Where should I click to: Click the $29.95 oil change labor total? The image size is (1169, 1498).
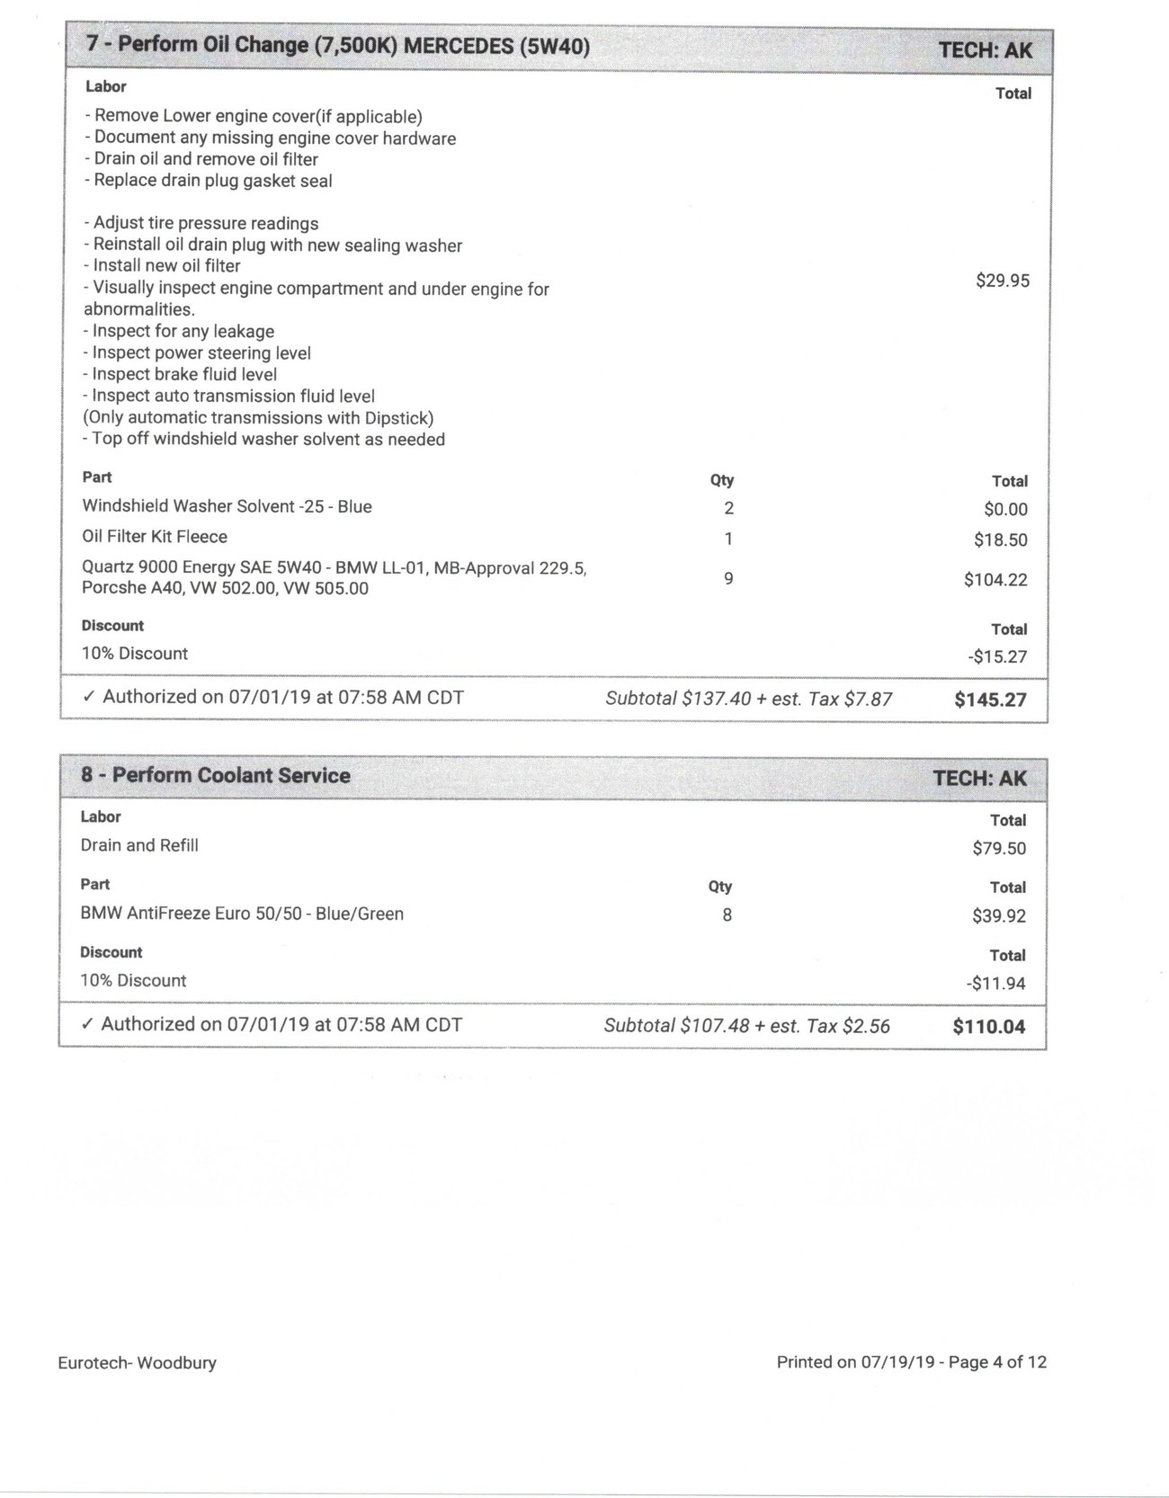(x=1002, y=281)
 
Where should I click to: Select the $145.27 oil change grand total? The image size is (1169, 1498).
(x=989, y=700)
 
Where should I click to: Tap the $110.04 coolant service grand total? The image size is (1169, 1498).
(x=988, y=1027)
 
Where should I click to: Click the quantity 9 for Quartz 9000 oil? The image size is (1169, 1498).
(x=728, y=578)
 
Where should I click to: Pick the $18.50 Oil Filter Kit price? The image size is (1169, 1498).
(x=1000, y=539)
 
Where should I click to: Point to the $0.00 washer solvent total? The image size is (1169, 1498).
(x=1005, y=509)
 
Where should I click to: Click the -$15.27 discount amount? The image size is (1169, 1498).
(x=997, y=656)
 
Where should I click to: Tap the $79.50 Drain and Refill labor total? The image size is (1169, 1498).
(x=998, y=848)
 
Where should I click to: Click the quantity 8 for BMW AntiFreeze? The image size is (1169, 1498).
(x=727, y=915)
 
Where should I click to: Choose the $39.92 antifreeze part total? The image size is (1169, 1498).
(x=998, y=916)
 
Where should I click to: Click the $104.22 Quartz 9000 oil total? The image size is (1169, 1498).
(x=995, y=580)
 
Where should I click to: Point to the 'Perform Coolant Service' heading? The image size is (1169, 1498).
(x=231, y=775)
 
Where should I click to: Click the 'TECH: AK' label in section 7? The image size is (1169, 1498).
(x=986, y=50)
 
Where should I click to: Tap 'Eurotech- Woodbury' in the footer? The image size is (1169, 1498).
(x=137, y=1362)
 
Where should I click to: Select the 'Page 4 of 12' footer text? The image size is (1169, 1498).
(x=997, y=1362)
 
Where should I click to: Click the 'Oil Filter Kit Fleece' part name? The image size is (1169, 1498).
(x=155, y=537)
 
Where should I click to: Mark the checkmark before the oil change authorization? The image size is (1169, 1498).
(x=88, y=697)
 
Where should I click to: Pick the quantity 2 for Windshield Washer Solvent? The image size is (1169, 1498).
(x=728, y=508)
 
